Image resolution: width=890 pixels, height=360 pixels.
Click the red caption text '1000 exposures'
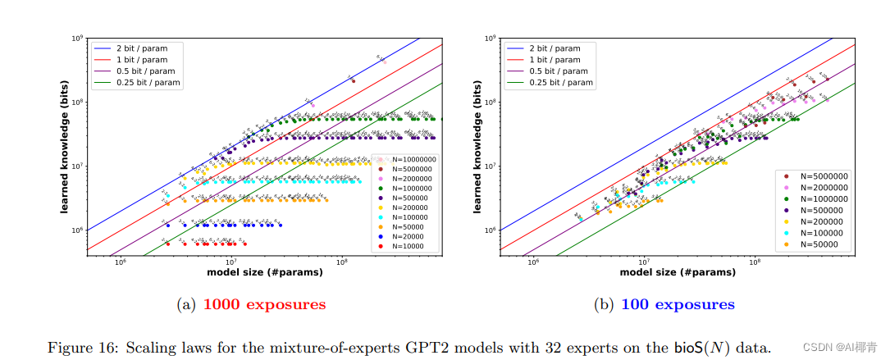264,305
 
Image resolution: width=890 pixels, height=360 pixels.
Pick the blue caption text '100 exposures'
678,305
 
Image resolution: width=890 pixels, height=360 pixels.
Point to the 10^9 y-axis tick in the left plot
77,38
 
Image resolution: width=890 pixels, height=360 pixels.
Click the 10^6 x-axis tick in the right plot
532,262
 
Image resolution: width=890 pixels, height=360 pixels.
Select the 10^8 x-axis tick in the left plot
342,262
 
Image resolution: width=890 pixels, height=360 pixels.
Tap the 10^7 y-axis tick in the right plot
491,166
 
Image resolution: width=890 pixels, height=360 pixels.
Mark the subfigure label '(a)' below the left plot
186,305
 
